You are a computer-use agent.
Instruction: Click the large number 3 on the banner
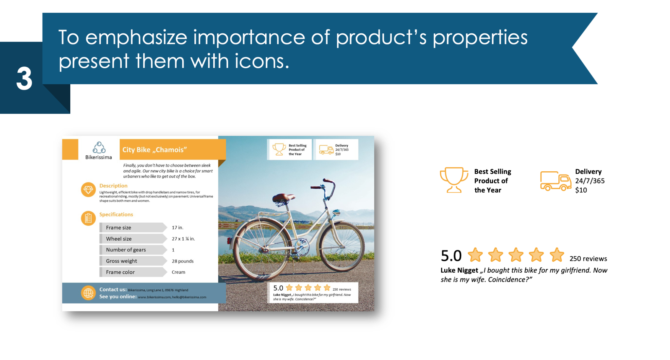point(24,78)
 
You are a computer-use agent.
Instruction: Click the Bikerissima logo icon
point(99,148)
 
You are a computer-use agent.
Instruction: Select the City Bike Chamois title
point(154,150)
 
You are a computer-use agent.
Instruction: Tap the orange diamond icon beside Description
point(88,190)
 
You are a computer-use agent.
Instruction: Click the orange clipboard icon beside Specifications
point(88,218)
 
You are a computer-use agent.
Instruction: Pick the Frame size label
point(118,228)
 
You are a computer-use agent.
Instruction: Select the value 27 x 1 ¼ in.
point(183,239)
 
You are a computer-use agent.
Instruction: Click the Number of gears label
point(126,250)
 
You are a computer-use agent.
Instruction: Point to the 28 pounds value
point(183,261)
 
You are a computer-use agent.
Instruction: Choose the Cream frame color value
point(178,272)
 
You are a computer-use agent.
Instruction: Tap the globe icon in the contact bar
point(88,293)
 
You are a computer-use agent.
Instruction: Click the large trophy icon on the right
point(454,180)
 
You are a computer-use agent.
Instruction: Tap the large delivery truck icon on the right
point(555,181)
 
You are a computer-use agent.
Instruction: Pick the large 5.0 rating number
point(451,256)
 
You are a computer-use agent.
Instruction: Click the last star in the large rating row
point(557,255)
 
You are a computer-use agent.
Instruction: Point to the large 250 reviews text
point(588,259)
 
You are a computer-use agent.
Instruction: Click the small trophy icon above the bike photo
point(279,149)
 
